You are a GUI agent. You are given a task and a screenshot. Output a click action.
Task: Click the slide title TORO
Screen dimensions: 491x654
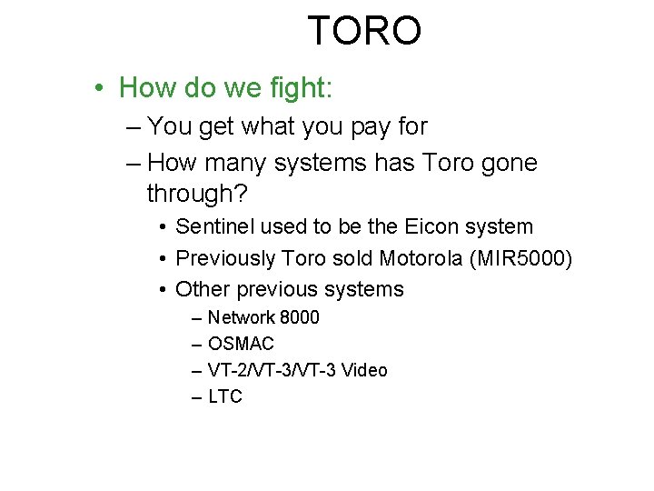point(364,30)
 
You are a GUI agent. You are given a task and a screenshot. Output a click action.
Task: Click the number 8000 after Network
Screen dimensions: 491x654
point(300,317)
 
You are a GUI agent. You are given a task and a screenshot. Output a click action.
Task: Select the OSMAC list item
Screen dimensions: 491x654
point(241,344)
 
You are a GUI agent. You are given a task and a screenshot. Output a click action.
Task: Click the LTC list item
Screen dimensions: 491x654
point(225,396)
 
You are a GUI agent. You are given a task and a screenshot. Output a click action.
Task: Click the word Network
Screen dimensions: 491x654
point(242,317)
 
